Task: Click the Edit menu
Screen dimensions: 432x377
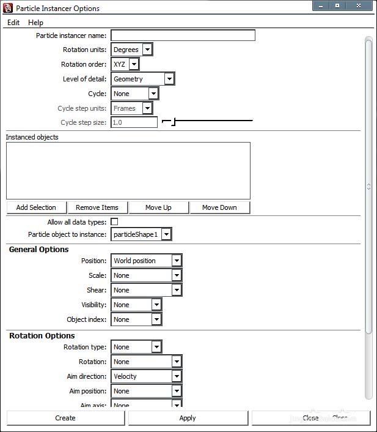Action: tap(13, 23)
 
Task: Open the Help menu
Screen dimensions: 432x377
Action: tap(35, 23)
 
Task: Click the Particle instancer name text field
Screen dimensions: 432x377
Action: tap(183, 35)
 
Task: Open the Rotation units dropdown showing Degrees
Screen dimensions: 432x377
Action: tap(131, 50)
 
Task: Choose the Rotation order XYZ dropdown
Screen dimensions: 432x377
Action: tap(125, 64)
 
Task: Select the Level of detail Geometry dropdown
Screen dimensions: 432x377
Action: tap(143, 79)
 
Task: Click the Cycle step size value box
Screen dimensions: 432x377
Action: tap(134, 122)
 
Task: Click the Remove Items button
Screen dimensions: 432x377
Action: tap(97, 207)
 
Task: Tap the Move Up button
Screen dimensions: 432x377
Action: tap(158, 207)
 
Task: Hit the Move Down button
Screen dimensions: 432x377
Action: tap(219, 207)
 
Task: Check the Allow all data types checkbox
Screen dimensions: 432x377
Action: tap(114, 222)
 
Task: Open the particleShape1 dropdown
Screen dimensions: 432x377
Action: tap(141, 234)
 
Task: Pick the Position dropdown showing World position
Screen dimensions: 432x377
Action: tap(146, 261)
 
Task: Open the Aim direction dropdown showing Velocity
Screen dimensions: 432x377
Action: tap(146, 376)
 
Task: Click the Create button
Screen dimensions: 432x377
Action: tap(65, 418)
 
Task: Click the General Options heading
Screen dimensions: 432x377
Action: tap(38, 250)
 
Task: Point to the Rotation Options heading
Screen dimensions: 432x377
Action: tap(42, 336)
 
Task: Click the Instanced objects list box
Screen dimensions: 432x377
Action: tap(128, 171)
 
